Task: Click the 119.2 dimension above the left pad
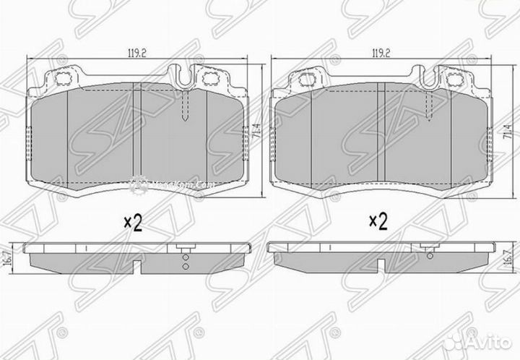(x=132, y=53)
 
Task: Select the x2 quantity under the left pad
(x=131, y=222)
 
